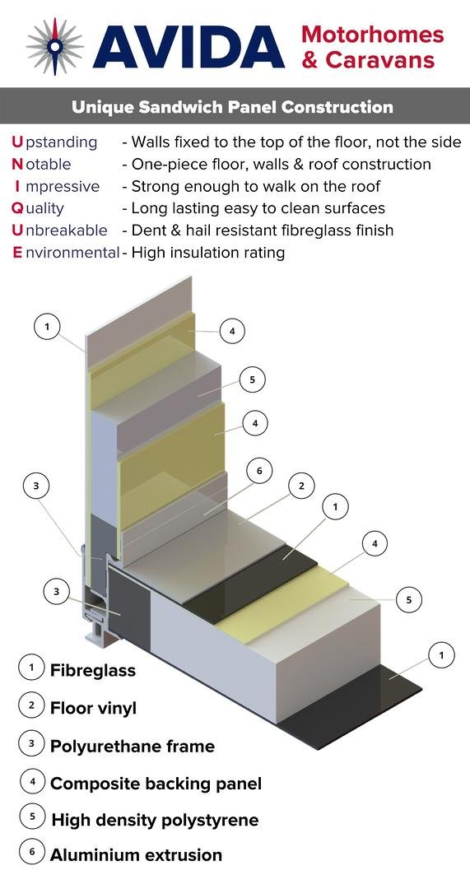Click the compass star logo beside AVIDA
tap(55, 46)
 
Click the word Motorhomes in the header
tap(373, 34)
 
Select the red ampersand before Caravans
tap(310, 59)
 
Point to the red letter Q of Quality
tap(17, 208)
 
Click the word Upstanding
tap(54, 142)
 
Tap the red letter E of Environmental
tap(17, 253)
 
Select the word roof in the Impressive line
tap(361, 187)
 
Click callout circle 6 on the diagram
tap(259, 472)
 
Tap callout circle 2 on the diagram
tap(301, 486)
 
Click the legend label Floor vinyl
tap(93, 709)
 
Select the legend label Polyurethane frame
tap(133, 746)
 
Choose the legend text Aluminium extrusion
tap(136, 855)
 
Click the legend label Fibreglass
tap(93, 671)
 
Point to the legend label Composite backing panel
tap(156, 784)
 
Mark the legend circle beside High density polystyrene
tap(32, 817)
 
